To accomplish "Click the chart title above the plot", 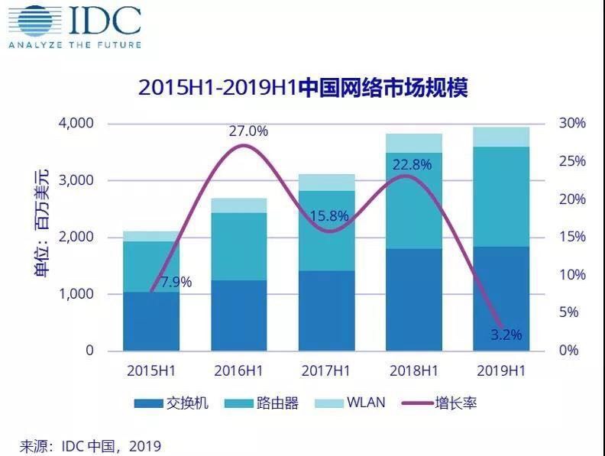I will click(x=302, y=87).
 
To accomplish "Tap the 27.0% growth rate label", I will click(x=248, y=131).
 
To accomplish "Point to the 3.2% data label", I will click(x=506, y=334).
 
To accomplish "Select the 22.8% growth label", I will click(x=412, y=164).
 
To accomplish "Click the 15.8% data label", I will click(x=329, y=217).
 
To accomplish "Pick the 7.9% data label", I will click(x=173, y=282).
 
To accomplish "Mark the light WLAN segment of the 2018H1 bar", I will click(x=414, y=143).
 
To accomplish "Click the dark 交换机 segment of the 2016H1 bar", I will click(x=240, y=315).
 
